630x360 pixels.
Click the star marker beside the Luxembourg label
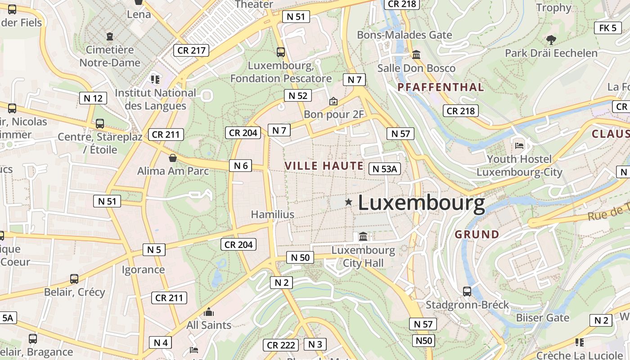click(348, 202)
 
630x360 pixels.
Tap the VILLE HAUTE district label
click(324, 166)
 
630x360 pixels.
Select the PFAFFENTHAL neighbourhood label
click(441, 87)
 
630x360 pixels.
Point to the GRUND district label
click(477, 234)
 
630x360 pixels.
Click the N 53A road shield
click(385, 169)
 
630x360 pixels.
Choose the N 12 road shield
click(93, 98)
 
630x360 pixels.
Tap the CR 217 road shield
click(192, 50)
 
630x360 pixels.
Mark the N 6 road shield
click(241, 166)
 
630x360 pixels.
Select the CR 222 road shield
click(281, 345)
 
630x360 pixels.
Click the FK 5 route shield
click(607, 28)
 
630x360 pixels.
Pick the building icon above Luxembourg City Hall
click(363, 236)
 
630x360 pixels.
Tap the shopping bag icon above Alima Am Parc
click(172, 158)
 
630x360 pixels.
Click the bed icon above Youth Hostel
click(519, 146)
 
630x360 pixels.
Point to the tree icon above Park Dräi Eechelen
click(550, 40)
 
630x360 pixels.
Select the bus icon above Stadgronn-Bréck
click(467, 291)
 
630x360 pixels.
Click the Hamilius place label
click(273, 214)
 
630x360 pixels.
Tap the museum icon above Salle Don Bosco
click(416, 55)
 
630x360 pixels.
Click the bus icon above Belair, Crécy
click(74, 279)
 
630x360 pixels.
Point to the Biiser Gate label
click(543, 318)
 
